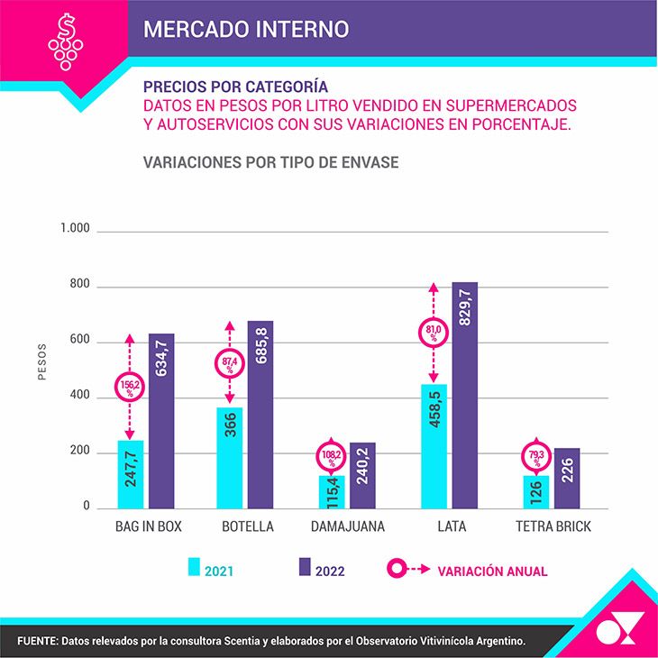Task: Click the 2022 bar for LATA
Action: click(464, 396)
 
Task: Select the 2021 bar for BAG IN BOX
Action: click(131, 475)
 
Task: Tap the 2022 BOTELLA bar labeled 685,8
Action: click(260, 415)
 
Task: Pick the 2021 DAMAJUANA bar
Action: click(332, 492)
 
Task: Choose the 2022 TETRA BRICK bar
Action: click(567, 479)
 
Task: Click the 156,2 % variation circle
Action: click(130, 387)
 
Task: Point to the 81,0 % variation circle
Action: click(434, 333)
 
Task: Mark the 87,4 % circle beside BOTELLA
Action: click(230, 363)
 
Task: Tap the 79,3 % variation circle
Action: click(536, 457)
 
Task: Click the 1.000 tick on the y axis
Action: click(75, 228)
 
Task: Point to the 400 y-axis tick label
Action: click(79, 395)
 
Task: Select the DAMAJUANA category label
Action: click(347, 526)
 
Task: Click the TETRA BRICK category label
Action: click(553, 526)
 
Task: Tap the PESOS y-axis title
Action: click(42, 361)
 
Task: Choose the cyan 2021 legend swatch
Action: click(194, 567)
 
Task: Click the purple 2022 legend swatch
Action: click(305, 567)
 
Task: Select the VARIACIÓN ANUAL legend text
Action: click(492, 571)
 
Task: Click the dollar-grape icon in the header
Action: click(66, 41)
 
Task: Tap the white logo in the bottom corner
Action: click(620, 627)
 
